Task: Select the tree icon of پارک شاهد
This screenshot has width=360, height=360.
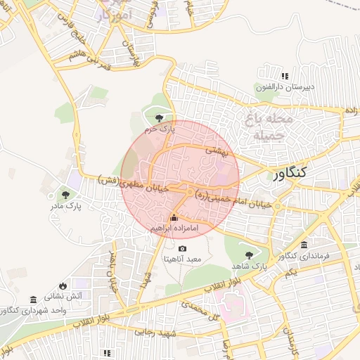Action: pos(248,255)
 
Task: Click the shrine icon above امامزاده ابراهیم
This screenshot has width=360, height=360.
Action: pos(174,217)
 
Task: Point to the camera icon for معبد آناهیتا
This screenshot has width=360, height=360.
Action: pos(183,248)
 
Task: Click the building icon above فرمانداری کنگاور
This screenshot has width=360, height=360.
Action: pos(304,245)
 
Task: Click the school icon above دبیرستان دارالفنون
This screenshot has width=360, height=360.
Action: pos(285,76)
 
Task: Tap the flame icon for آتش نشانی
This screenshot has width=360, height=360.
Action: pos(63,285)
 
